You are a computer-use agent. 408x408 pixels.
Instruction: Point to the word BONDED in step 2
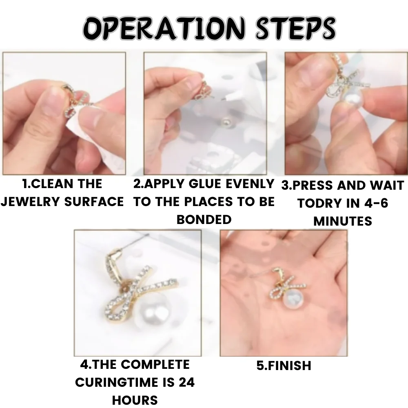point(204,220)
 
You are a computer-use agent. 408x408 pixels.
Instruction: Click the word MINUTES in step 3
point(342,221)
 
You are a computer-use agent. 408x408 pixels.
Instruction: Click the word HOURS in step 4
point(135,400)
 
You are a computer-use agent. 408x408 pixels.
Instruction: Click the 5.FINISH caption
point(284,365)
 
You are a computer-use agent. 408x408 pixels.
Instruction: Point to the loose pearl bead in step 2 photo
point(225,122)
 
